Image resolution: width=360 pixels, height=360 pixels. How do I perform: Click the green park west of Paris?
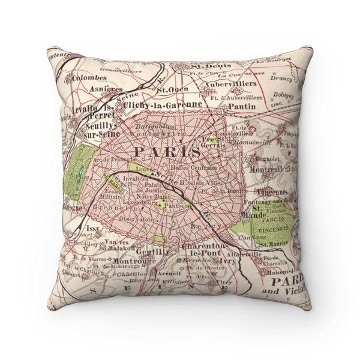click(x=82, y=175)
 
